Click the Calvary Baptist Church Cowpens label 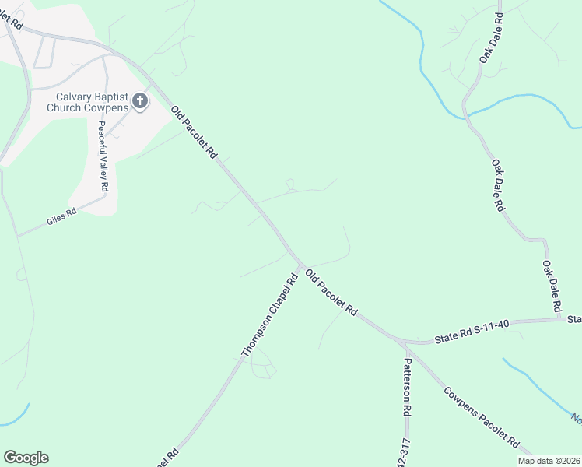[x=87, y=102]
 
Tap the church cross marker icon [x=140, y=100]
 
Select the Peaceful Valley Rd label [x=102, y=158]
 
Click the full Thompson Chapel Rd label [x=270, y=315]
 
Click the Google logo [x=26, y=458]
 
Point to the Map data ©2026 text [x=549, y=461]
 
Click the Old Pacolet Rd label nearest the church [x=193, y=133]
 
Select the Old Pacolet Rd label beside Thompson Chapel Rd [x=331, y=293]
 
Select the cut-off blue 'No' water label [x=577, y=418]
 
